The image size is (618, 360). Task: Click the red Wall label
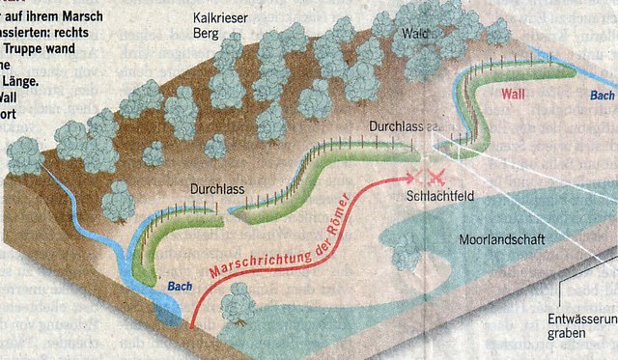pos(518,95)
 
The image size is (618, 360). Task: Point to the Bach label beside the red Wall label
pos(603,96)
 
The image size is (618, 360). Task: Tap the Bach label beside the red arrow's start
pos(180,287)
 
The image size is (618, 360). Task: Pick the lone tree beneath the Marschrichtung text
pos(237,305)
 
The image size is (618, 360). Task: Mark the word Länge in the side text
pos(27,81)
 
